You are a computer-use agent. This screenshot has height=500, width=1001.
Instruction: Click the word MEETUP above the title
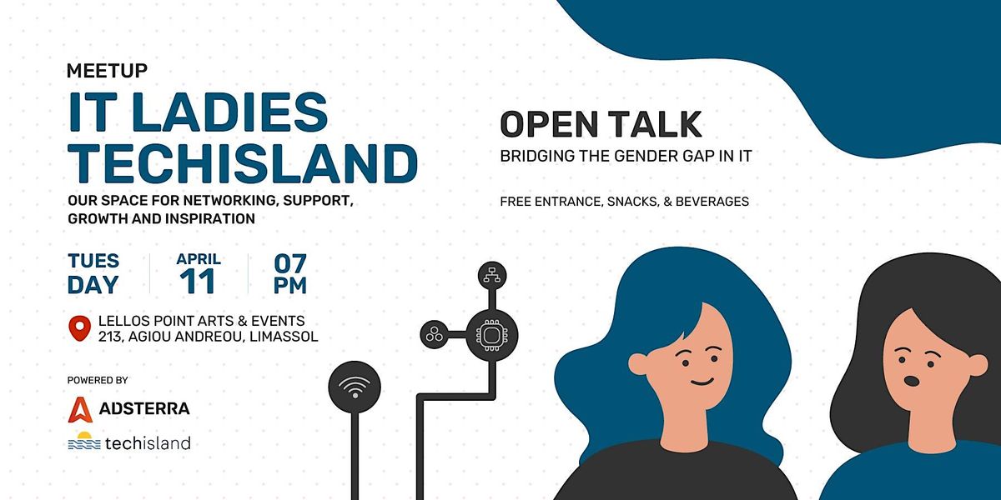[107, 71]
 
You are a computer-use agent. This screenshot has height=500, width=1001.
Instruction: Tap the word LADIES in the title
[229, 112]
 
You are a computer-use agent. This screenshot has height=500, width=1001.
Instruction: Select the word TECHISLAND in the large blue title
[243, 163]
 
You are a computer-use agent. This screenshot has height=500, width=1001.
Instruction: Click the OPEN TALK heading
[601, 124]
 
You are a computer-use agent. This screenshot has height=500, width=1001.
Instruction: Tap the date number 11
[197, 282]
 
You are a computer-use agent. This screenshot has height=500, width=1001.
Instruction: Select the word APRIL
[199, 259]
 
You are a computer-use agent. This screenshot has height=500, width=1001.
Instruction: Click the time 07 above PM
[290, 263]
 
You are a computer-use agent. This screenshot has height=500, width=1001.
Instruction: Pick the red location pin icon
[80, 328]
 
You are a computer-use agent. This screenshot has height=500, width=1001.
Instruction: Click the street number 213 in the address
[110, 337]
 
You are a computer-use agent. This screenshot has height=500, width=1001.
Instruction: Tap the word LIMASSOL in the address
[284, 336]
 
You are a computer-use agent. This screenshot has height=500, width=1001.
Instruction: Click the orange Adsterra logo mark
[80, 409]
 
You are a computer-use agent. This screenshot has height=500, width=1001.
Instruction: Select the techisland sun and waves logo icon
[84, 441]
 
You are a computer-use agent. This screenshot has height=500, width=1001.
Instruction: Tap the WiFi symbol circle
[355, 387]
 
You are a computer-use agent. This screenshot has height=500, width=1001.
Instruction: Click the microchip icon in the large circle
[491, 334]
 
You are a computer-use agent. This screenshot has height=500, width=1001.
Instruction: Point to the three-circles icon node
[434, 334]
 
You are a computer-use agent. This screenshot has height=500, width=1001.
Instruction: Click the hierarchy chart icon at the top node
[492, 276]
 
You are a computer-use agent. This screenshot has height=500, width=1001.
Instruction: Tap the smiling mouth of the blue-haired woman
[702, 382]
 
